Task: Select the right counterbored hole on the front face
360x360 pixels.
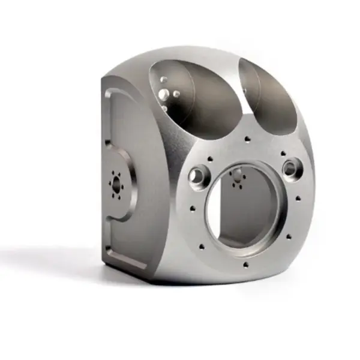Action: click(x=292, y=168)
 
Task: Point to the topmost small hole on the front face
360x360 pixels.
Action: click(x=247, y=139)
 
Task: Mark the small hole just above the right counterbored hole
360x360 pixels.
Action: click(x=283, y=153)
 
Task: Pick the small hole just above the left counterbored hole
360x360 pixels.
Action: click(x=209, y=159)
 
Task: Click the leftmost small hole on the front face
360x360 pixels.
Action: click(x=191, y=210)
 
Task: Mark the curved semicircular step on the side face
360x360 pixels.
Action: click(x=129, y=180)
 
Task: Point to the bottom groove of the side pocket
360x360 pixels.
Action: click(x=126, y=259)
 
